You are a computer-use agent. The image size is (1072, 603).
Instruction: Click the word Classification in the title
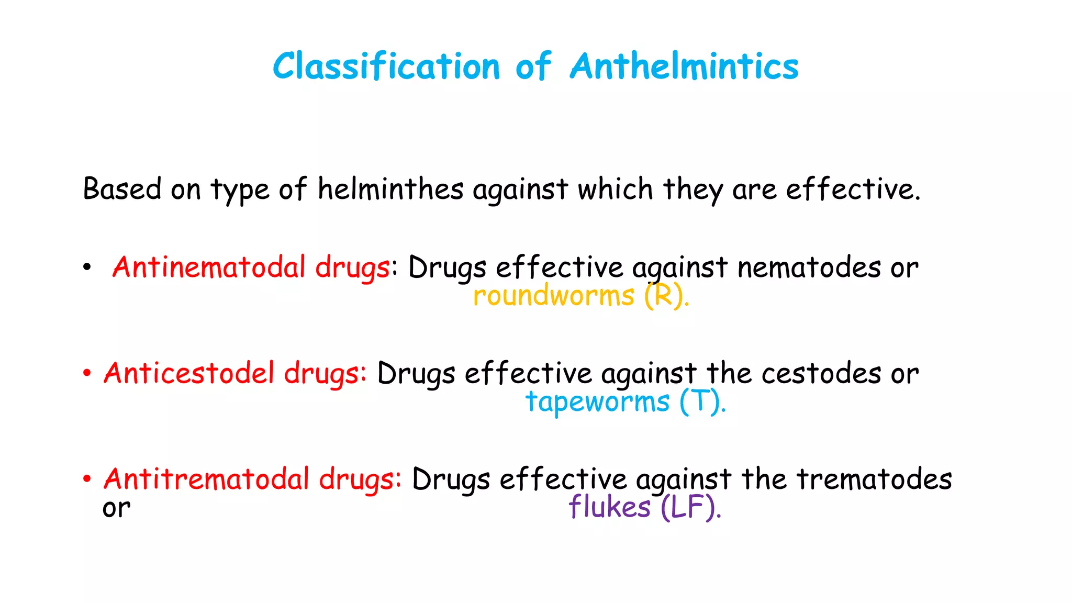pos(386,66)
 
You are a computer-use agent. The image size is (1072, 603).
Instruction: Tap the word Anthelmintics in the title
pos(684,66)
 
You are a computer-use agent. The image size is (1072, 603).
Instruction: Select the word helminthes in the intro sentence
pos(390,189)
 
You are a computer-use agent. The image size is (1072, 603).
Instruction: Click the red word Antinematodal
pos(209,267)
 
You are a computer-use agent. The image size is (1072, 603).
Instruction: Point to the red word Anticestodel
pos(189,373)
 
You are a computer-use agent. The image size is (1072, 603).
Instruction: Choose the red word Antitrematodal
pos(207,479)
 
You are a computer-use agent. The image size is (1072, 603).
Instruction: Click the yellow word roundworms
pos(553,296)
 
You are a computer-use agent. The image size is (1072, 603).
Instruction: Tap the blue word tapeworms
pos(597,402)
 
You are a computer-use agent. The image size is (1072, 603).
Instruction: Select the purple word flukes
pos(609,507)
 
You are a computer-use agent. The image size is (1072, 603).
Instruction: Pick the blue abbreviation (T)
pos(702,402)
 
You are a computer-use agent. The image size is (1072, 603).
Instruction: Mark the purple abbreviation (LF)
pos(689,507)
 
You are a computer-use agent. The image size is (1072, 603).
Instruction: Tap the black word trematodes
pos(874,479)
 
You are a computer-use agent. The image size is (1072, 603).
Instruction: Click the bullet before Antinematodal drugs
pos(87,267)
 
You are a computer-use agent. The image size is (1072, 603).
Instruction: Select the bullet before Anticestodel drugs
pos(87,374)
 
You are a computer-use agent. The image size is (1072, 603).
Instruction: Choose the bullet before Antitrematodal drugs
pos(87,479)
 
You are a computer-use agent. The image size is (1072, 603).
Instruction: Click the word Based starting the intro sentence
pos(122,189)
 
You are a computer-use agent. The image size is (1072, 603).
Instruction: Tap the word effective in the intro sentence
pos(853,189)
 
